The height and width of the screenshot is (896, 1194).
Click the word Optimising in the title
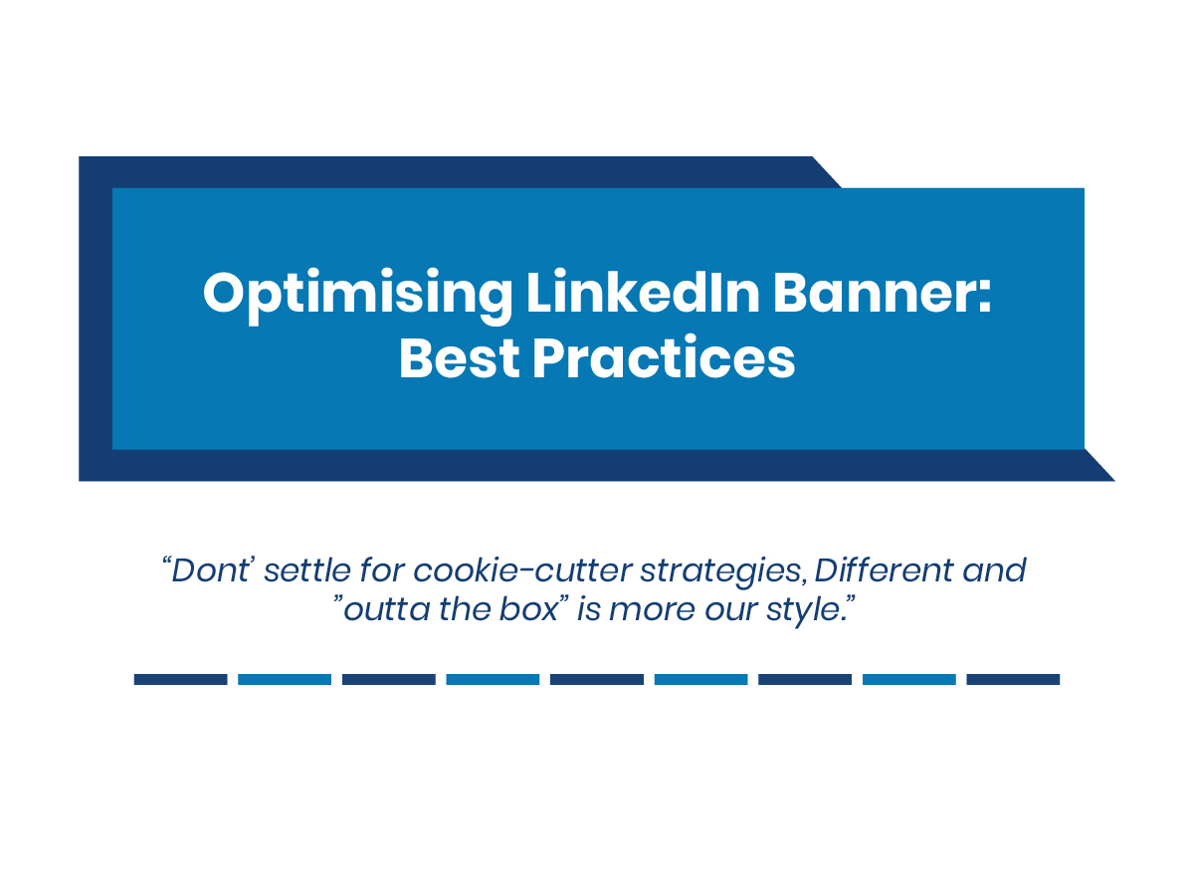[357, 296]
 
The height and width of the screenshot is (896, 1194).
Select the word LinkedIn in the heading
[643, 292]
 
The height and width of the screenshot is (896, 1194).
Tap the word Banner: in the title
[883, 293]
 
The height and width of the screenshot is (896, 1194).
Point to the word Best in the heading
[459, 358]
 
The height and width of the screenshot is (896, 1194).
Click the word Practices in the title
[665, 356]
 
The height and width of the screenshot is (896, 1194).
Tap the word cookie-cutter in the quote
[522, 570]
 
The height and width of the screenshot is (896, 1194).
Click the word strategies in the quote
[720, 572]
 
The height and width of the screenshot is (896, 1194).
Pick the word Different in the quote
[884, 569]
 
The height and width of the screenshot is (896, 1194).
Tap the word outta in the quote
[387, 610]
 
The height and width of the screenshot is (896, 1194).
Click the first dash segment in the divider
[181, 680]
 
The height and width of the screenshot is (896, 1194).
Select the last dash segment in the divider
[1013, 680]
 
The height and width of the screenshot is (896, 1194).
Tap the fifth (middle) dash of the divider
[597, 680]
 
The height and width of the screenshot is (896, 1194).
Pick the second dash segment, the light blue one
[285, 680]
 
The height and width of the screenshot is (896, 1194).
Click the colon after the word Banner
[985, 298]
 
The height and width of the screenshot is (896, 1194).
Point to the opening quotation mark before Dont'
[166, 561]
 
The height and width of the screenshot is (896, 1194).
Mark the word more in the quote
[652, 611]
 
